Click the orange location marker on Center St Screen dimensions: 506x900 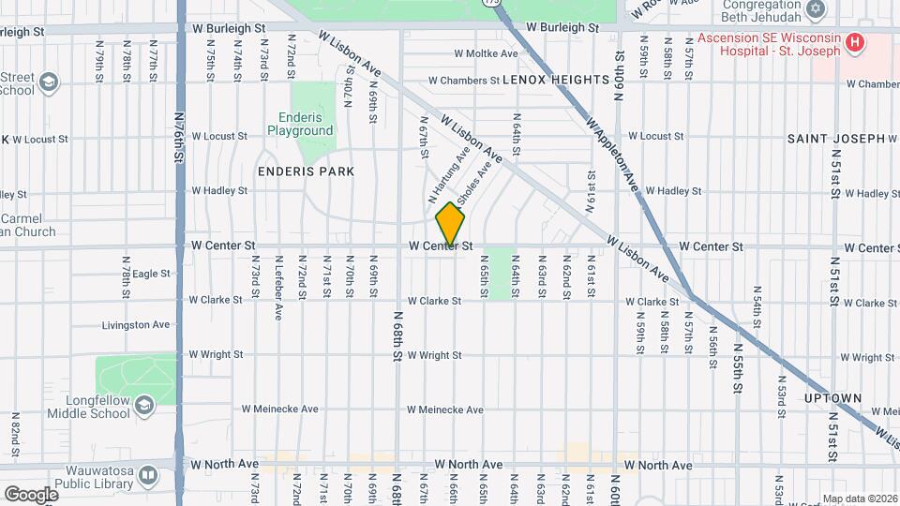[450, 224]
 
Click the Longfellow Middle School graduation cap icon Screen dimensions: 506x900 [144, 405]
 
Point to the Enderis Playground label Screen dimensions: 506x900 [306, 125]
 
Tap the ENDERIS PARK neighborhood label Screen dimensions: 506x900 [306, 171]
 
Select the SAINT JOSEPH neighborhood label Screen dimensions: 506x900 [836, 139]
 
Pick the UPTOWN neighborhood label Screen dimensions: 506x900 [832, 398]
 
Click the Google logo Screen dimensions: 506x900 [31, 494]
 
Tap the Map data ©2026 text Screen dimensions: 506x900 [859, 499]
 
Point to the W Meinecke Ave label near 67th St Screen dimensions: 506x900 [445, 409]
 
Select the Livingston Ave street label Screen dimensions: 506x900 [136, 325]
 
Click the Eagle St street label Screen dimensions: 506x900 [151, 274]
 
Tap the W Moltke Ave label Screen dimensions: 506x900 [486, 54]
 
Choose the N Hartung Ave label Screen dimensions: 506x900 [448, 175]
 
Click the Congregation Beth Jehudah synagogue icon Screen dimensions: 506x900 [816, 9]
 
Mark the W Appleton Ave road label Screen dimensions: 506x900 [611, 155]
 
